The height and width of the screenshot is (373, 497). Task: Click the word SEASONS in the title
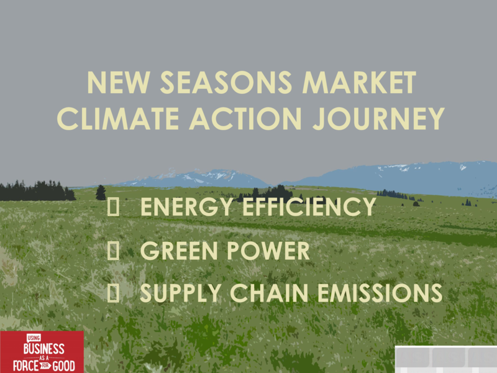tap(226, 83)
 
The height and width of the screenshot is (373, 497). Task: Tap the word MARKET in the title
tap(359, 83)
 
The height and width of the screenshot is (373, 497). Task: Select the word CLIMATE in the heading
tap(119, 118)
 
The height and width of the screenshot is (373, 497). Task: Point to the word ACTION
tap(245, 118)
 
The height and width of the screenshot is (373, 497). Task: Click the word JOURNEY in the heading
tap(378, 118)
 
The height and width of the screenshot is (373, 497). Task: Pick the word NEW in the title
tap(118, 83)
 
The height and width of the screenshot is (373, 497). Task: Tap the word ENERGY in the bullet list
tap(187, 207)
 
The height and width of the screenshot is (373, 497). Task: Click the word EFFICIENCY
tap(309, 207)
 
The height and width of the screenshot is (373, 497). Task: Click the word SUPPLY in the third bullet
tap(180, 293)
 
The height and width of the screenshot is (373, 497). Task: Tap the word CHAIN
tap(269, 293)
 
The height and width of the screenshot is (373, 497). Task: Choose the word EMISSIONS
tap(380, 293)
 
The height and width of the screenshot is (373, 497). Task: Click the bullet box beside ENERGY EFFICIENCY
tap(113, 207)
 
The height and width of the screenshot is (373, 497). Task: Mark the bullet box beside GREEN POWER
tap(113, 251)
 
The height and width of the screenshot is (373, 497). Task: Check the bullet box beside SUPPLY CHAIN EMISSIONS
tap(113, 293)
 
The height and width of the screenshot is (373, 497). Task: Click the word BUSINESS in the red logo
tap(43, 349)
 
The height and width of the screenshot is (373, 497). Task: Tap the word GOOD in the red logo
tap(64, 366)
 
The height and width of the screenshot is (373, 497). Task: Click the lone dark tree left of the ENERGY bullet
tap(101, 193)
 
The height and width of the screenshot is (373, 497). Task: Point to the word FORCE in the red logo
tap(25, 366)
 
